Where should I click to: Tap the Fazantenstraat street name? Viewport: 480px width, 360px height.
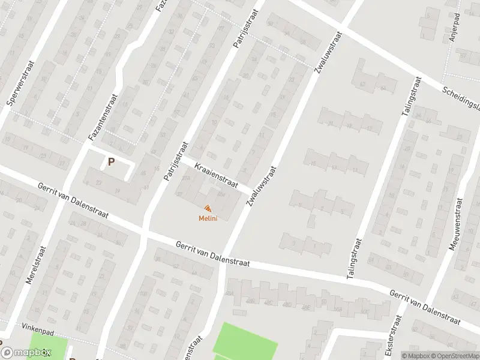click(x=103, y=113)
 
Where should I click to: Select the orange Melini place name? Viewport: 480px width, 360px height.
click(x=208, y=218)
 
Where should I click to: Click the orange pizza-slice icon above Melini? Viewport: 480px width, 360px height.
click(x=208, y=208)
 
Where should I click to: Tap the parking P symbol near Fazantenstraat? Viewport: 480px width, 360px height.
click(x=110, y=161)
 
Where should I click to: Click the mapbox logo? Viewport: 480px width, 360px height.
click(x=25, y=353)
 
